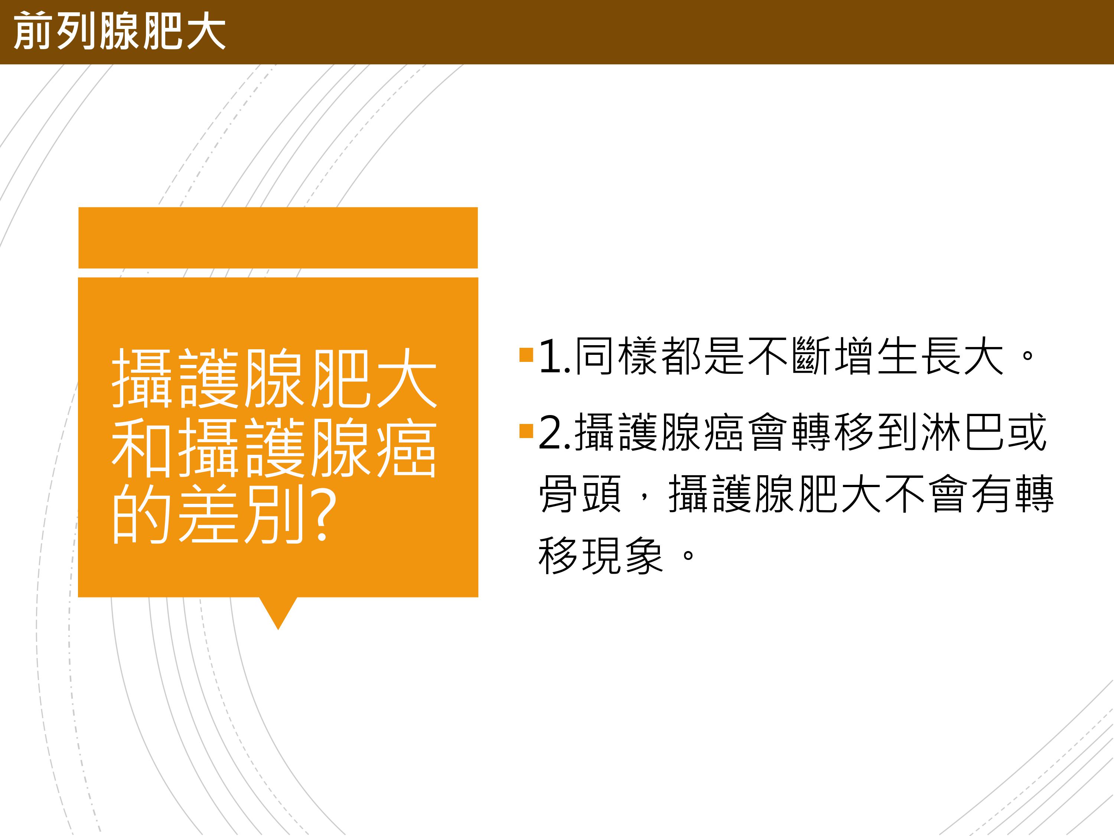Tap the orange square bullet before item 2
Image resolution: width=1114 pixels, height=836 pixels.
[x=526, y=431]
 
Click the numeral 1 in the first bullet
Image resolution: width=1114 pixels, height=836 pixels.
[x=551, y=357]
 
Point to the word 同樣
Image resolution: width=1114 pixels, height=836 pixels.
[x=618, y=356]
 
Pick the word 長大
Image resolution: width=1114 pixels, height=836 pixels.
[x=963, y=356]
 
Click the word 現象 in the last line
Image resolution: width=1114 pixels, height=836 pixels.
[x=623, y=556]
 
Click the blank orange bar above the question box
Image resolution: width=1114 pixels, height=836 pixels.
[x=278, y=238]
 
